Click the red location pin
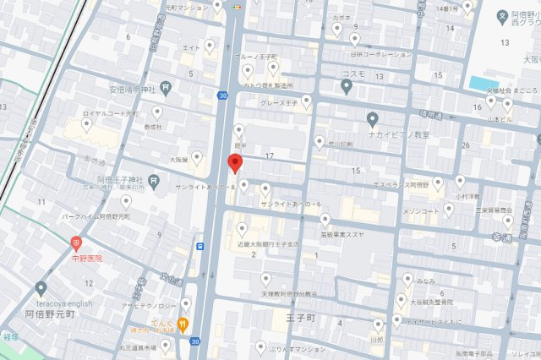[237, 163]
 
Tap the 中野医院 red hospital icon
[76, 243]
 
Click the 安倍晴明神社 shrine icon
[167, 85]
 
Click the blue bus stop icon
[200, 247]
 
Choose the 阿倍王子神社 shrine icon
[153, 179]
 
